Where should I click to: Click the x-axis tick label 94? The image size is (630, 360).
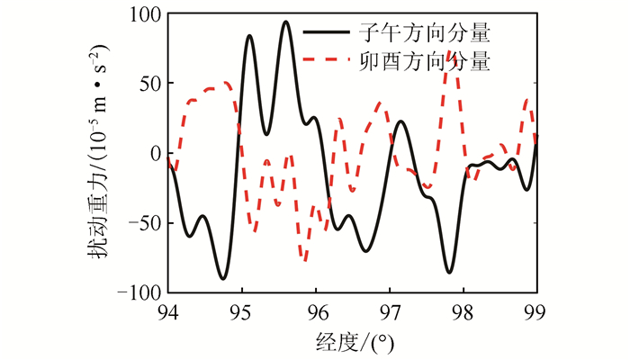click(167, 313)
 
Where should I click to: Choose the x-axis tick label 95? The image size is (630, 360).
click(241, 313)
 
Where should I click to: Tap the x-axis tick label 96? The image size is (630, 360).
click(315, 313)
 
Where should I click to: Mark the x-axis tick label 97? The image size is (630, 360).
click(389, 313)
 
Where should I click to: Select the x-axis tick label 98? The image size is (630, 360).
click(463, 313)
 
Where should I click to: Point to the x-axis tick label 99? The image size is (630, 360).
click(536, 313)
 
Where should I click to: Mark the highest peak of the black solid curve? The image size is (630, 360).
click(285, 22)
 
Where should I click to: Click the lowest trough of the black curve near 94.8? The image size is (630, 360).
click(223, 278)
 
